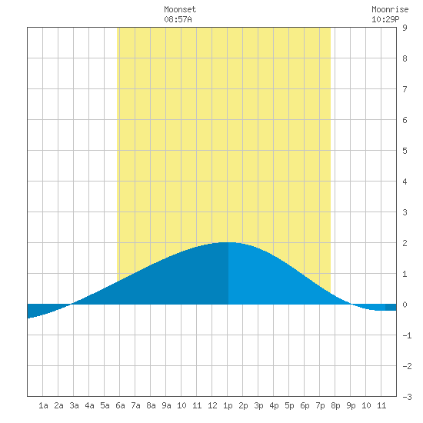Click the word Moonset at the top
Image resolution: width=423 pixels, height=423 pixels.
180,9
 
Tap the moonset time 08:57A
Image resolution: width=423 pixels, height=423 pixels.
178,19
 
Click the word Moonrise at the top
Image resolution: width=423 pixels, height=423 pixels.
390,9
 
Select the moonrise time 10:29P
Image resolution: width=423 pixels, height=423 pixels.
385,19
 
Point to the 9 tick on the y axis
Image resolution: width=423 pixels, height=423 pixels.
405,28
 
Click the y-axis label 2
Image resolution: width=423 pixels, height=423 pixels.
405,243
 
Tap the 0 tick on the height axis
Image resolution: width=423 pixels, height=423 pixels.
405,305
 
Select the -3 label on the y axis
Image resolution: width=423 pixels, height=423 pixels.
407,397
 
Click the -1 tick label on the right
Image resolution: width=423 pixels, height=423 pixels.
407,335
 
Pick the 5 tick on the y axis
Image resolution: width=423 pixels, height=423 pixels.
405,151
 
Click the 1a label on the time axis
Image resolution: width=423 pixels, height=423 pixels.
43,405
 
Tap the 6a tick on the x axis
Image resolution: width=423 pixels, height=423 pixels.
120,405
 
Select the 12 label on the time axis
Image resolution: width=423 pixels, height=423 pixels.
212,405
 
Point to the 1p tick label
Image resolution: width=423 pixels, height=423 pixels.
228,406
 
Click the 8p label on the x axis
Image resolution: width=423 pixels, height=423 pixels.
335,406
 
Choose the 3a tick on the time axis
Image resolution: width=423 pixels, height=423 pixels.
74,405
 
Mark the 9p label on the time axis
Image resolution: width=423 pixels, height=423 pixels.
351,406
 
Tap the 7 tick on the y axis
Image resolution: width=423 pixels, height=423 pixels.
405,89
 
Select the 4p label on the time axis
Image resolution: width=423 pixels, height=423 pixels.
274,406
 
